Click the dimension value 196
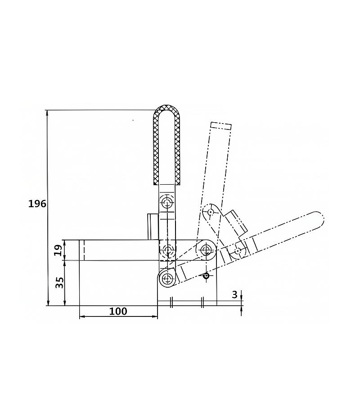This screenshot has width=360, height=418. [37, 204]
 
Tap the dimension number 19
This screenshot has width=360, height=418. [58, 250]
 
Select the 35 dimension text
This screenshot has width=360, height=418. [59, 283]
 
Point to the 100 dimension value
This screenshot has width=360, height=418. [118, 311]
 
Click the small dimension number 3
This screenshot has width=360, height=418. [234, 294]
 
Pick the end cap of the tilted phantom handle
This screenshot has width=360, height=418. [220, 125]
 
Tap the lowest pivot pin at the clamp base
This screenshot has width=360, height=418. [167, 279]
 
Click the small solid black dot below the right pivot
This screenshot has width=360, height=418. [206, 276]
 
